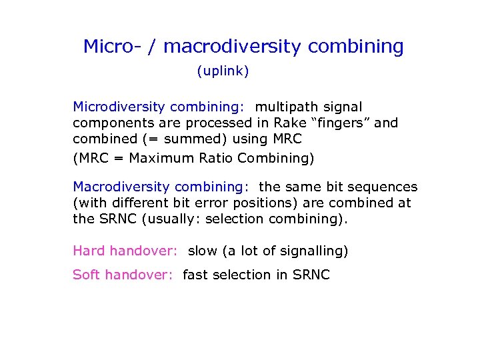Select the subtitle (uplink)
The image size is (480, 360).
(223, 71)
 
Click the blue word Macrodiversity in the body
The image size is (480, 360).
(121, 187)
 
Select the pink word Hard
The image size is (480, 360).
(89, 251)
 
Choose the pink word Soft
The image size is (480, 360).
(87, 275)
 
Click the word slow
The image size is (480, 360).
(202, 251)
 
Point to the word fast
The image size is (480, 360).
(195, 275)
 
